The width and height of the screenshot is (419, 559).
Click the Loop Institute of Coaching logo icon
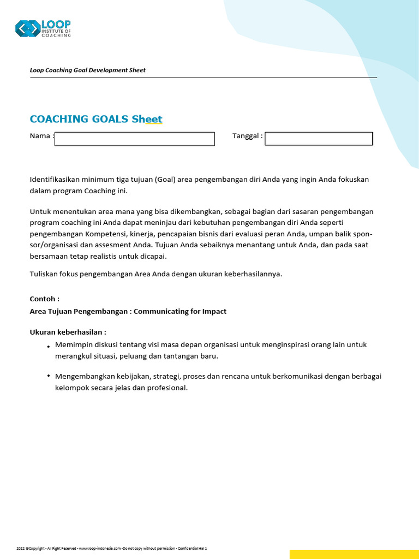point(27,28)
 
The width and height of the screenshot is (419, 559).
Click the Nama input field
point(135,139)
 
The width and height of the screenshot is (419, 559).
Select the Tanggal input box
point(318,139)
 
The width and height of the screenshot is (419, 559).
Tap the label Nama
point(40,135)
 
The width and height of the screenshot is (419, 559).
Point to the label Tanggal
point(247,135)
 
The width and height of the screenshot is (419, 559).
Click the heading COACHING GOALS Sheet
point(96,119)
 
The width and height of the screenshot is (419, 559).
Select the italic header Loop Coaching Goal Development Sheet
point(87,70)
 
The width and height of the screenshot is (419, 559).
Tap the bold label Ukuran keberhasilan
point(67,332)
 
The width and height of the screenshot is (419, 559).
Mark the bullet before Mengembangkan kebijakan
point(49,376)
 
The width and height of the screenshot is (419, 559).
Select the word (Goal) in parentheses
point(165,179)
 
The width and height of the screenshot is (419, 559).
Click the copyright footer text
point(111,548)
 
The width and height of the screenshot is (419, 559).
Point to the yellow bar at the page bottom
point(354,554)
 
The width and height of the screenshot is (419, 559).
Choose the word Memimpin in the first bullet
point(73,344)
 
